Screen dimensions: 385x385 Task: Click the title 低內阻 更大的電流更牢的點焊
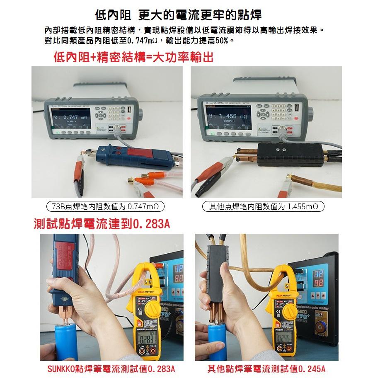[x=178, y=16]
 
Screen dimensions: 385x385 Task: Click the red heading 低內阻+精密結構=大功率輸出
[x=133, y=58]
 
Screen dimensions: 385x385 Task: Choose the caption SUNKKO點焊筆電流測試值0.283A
[x=111, y=369]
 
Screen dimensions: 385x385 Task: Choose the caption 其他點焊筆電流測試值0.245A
[x=266, y=369]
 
